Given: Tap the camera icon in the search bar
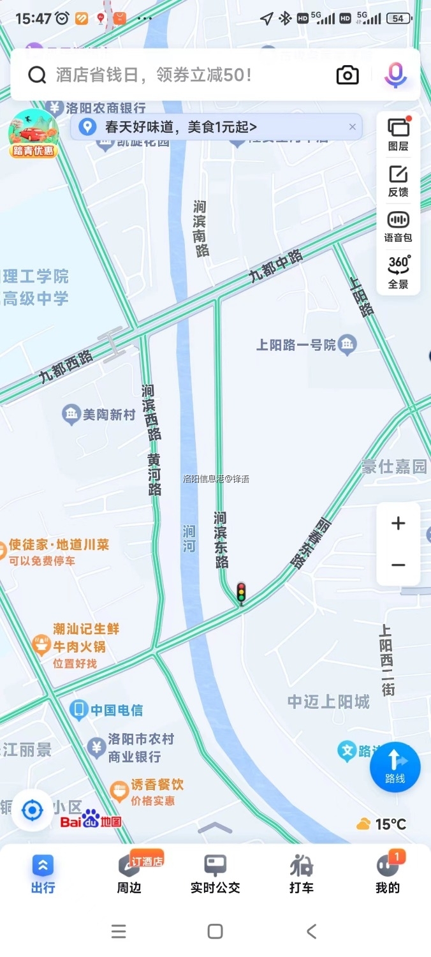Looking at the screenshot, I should tap(347, 75).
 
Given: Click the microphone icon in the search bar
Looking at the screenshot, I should tap(395, 75).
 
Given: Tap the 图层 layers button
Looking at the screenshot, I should tap(398, 134).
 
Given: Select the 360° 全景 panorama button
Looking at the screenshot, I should tap(398, 272).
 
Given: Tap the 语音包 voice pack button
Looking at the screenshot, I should tap(398, 226).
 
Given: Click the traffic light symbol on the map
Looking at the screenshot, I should tap(241, 593).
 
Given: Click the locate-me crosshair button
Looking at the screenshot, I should tap(32, 810).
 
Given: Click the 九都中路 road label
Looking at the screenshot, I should tap(275, 266).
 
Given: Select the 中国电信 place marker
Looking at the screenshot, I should tap(106, 709).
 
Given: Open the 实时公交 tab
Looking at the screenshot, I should tap(215, 874).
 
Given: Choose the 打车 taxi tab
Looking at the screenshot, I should tap(301, 874).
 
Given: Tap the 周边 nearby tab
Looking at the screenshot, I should tap(129, 874).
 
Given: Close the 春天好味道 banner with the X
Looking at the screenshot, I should tap(352, 127).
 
